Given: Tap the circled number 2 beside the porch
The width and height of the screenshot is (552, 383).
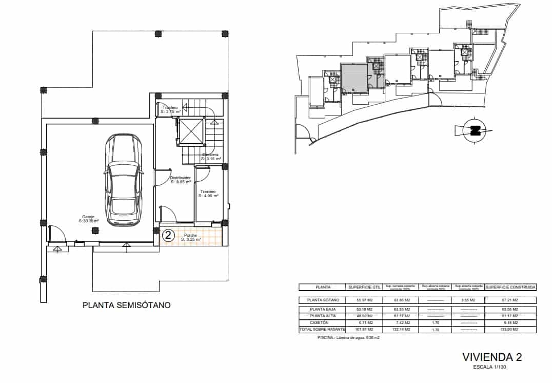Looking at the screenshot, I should click(x=167, y=236).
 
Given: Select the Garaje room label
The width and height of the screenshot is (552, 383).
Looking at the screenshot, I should click(x=88, y=219).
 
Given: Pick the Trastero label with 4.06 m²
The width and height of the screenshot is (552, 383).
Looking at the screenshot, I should click(x=209, y=194).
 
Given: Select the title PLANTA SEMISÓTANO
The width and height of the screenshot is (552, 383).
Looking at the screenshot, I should click(x=127, y=305).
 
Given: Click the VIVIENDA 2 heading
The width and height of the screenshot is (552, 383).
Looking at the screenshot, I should click(x=492, y=357).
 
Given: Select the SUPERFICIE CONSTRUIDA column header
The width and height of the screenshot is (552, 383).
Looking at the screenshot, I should click(x=510, y=288).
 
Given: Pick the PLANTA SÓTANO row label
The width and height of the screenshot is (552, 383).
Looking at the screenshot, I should click(x=323, y=300).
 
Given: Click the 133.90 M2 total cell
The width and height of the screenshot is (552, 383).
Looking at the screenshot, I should click(x=510, y=329).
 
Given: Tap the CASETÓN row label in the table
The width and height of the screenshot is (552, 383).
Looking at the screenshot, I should click(x=323, y=322).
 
